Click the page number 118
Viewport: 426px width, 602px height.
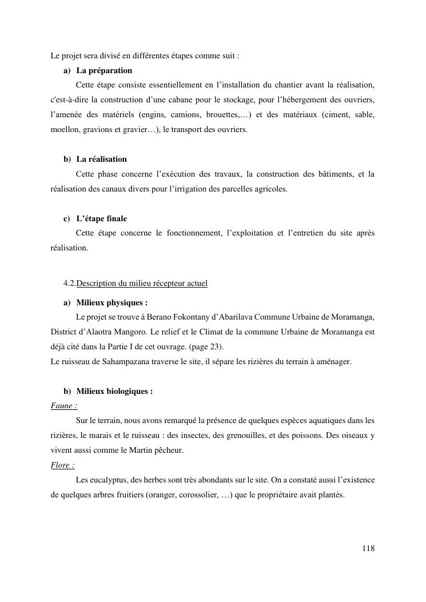pyautogui.click(x=368, y=549)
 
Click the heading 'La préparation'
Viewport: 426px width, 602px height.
pyautogui.click(x=104, y=71)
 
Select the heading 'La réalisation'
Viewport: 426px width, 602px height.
pyautogui.click(x=101, y=159)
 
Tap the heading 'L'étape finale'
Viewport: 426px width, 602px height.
pyautogui.click(x=101, y=219)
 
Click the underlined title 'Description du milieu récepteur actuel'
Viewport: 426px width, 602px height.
pyautogui.click(x=142, y=284)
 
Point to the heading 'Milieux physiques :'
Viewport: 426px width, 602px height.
pyautogui.click(x=112, y=303)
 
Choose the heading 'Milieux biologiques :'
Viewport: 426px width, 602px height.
pyautogui.click(x=114, y=392)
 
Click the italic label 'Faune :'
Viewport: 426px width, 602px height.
pyautogui.click(x=64, y=406)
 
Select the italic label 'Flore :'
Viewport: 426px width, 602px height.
pyautogui.click(x=63, y=465)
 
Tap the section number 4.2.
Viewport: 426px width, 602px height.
pyautogui.click(x=70, y=284)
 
